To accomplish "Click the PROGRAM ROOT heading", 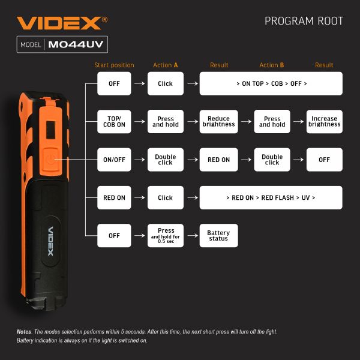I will click(304, 22).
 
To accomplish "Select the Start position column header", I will click(114, 65).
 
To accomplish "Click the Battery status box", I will click(218, 236).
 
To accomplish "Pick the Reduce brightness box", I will click(218, 122).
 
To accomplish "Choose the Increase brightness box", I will click(325, 122).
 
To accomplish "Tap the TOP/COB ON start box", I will click(114, 122).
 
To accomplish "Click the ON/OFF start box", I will click(114, 160).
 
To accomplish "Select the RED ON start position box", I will click(114, 197).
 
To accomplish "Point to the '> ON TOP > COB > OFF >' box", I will click(271, 84).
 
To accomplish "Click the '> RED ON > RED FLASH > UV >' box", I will click(271, 197).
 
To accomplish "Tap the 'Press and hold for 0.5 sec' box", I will click(166, 236).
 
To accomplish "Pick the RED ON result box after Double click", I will click(218, 160).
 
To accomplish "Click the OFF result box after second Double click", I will click(325, 160).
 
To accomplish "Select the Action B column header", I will click(272, 65).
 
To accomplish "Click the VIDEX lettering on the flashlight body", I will click(50, 239).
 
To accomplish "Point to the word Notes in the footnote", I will click(23, 332).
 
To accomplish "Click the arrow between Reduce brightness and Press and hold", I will click(245, 122).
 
